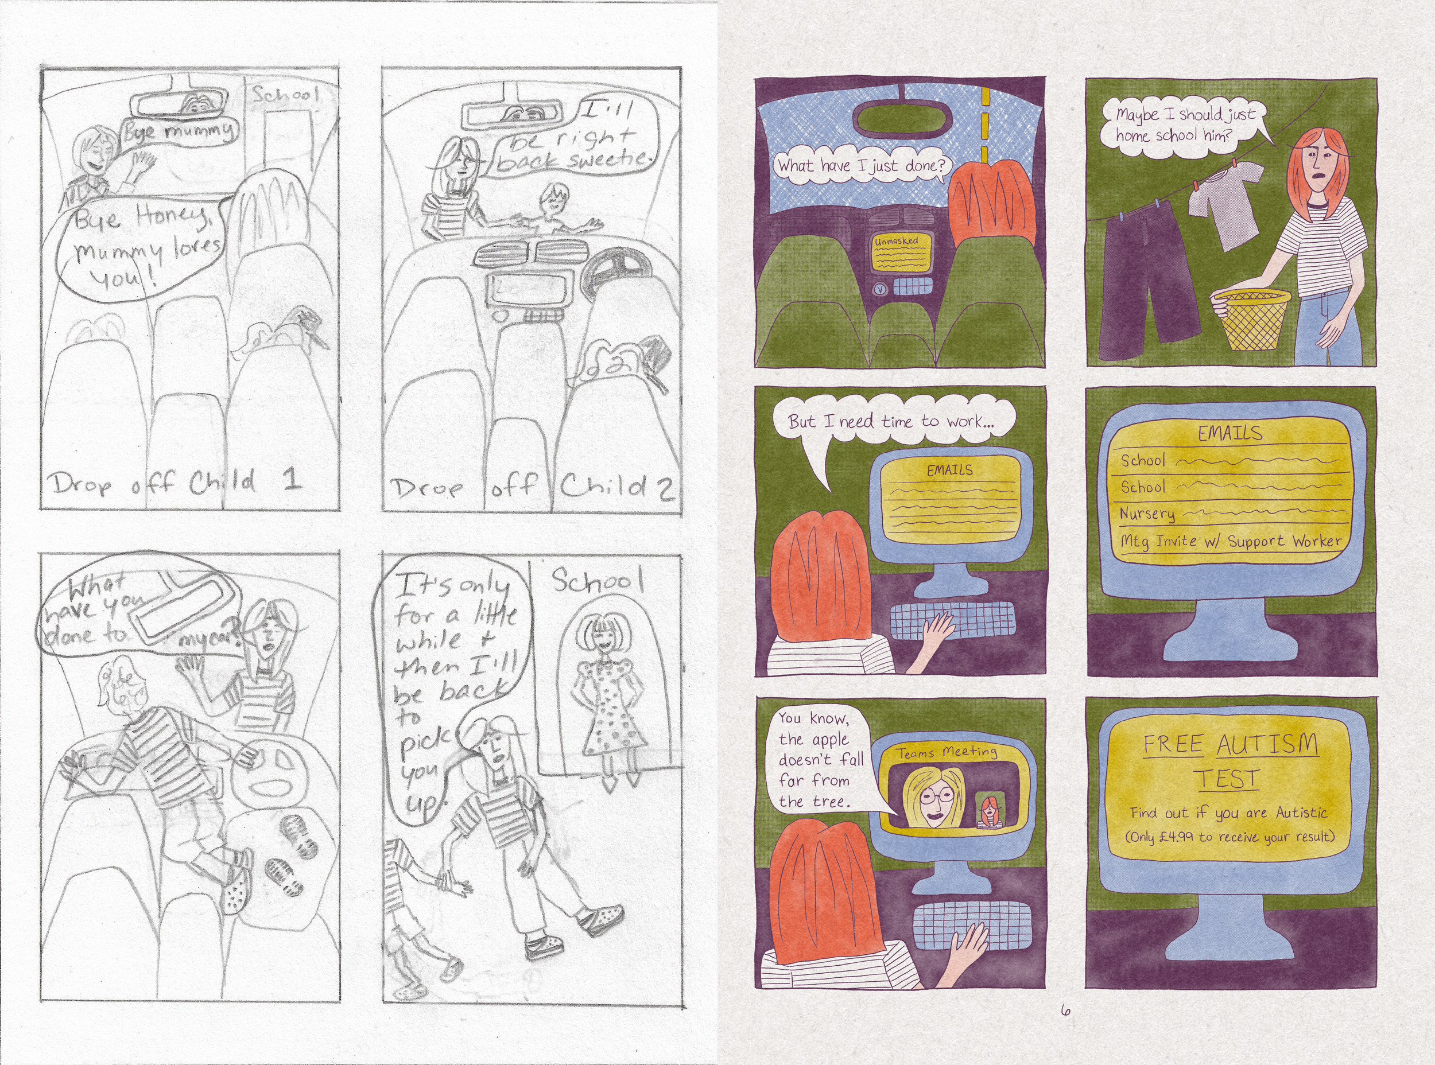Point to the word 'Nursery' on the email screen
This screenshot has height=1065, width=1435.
coord(1147,514)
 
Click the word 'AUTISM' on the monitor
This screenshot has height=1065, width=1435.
coord(1267,745)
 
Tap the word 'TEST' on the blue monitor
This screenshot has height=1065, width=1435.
coord(1228,779)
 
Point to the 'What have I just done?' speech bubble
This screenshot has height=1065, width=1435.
coord(862,166)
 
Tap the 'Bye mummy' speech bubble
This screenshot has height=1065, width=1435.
coord(179,132)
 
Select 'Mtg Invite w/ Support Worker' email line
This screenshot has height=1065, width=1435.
coord(1231,542)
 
